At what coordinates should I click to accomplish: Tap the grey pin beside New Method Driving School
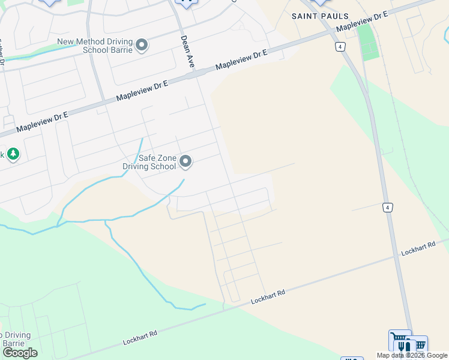pos(142,45)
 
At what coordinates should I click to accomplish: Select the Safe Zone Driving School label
pos(157,162)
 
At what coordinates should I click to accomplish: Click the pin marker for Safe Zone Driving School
pos(186,161)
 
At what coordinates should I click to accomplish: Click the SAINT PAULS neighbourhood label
pos(320,16)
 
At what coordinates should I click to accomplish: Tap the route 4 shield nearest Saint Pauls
pos(340,46)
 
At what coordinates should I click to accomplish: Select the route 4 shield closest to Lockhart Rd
pos(388,208)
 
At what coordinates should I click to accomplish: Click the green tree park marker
pos(13,154)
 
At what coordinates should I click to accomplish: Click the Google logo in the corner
pos(20,353)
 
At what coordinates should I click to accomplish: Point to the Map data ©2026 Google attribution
pos(412,355)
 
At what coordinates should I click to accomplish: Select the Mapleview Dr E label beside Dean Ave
pos(241,60)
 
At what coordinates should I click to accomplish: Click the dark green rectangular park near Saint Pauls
pos(368,41)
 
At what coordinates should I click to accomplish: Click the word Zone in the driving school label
pos(164,158)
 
